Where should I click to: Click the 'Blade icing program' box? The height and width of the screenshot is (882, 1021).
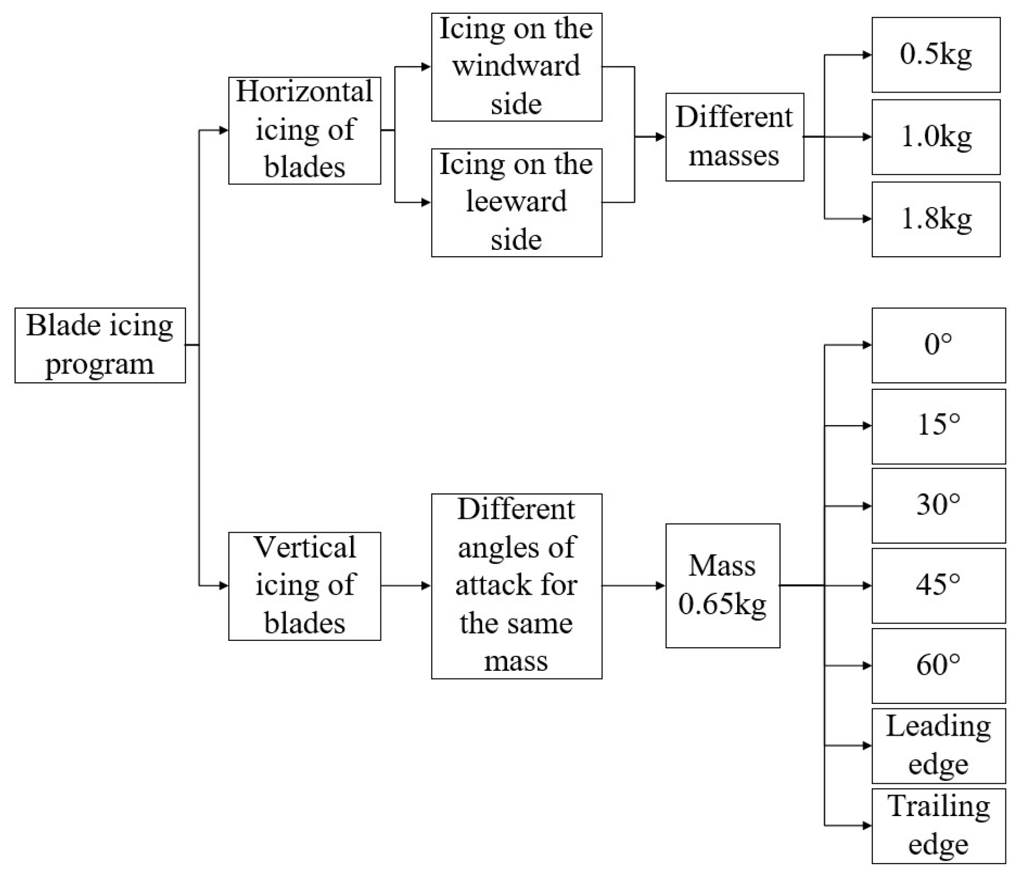click(100, 345)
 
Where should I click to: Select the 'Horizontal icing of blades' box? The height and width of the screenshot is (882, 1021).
click(304, 131)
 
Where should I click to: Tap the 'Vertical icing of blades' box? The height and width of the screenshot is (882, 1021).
click(304, 586)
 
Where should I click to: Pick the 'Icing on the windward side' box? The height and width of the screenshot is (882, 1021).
click(516, 67)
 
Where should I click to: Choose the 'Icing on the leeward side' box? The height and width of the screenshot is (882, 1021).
click(516, 202)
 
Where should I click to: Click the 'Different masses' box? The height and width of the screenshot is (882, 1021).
click(734, 137)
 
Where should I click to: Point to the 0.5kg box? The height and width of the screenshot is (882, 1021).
click(935, 55)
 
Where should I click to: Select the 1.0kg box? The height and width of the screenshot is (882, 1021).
click(935, 137)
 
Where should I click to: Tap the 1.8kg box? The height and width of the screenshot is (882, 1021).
click(935, 219)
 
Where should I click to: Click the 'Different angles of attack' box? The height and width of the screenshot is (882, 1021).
click(516, 586)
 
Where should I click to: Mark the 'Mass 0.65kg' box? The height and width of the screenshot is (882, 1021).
click(722, 586)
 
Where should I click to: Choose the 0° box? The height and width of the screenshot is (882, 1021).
click(938, 345)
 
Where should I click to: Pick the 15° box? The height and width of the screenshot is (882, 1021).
click(938, 426)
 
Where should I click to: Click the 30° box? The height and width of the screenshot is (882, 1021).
click(938, 506)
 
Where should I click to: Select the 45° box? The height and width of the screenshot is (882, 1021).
click(938, 586)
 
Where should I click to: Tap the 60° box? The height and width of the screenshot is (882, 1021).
click(938, 666)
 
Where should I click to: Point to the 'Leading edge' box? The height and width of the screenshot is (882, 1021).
click(938, 746)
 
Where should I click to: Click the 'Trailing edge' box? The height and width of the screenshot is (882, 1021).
click(938, 826)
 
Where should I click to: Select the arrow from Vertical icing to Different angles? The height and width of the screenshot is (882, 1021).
click(406, 586)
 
